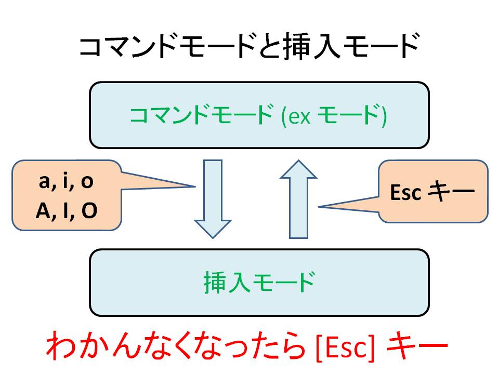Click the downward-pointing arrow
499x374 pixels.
click(x=213, y=199)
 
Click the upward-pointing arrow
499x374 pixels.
click(x=298, y=199)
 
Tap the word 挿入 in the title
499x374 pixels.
click(x=312, y=47)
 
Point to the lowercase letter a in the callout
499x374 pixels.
click(x=44, y=181)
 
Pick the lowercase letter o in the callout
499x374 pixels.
click(x=87, y=181)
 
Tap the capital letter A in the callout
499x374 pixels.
click(x=44, y=210)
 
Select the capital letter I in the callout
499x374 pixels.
click(x=65, y=210)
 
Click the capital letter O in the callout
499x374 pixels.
click(x=89, y=210)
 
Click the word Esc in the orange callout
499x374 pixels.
click(x=405, y=192)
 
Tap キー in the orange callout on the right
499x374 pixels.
click(x=451, y=191)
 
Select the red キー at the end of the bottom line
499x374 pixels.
click(x=417, y=346)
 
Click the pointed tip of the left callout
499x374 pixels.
click(x=195, y=186)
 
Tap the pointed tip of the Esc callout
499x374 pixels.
click(x=319, y=207)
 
